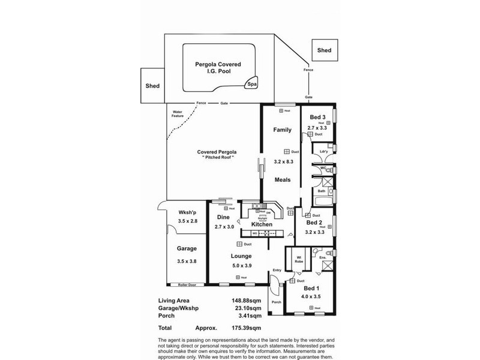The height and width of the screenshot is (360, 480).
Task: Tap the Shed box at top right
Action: coord(325,50)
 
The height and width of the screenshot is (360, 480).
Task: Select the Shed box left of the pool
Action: coord(152,86)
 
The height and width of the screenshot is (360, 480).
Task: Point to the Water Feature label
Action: coord(178,113)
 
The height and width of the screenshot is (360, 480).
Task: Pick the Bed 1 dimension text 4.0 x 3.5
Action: coord(312,296)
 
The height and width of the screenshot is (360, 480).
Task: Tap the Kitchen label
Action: coord(262,224)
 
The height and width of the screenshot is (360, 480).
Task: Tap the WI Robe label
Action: coord(298,260)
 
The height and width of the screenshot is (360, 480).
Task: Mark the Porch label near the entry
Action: coord(277,302)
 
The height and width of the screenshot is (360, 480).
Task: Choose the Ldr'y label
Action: coord(325,150)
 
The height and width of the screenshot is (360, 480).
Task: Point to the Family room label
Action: coord(282,130)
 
